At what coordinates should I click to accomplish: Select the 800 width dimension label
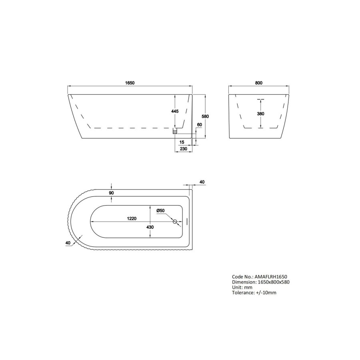pyautogui.click(x=258, y=83)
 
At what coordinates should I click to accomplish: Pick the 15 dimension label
pyautogui.click(x=182, y=142)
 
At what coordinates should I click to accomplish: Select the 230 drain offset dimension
pyautogui.click(x=184, y=149)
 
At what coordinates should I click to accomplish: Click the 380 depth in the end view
pyautogui.click(x=260, y=114)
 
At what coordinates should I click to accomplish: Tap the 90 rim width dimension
pyautogui.click(x=112, y=193)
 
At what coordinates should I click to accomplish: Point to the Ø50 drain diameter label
pyautogui.click(x=160, y=210)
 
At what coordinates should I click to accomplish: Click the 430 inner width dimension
pyautogui.click(x=150, y=226)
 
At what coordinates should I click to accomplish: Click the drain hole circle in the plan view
pyautogui.click(x=175, y=222)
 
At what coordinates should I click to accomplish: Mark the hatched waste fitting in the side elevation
pyautogui.click(x=174, y=131)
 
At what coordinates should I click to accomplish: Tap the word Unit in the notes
pyautogui.click(x=236, y=287)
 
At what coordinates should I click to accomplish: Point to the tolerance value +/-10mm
pyautogui.click(x=266, y=293)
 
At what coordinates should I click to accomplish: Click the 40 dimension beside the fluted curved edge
pyautogui.click(x=67, y=242)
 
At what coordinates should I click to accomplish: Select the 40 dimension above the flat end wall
pyautogui.click(x=202, y=182)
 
